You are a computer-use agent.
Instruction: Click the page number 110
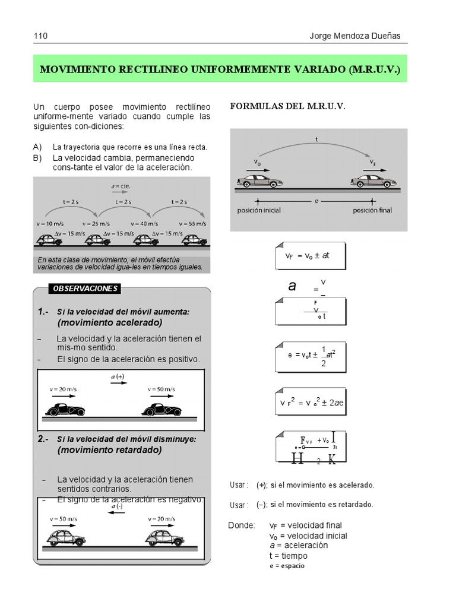[x=40, y=36]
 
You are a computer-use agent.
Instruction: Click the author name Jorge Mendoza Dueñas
[x=355, y=36]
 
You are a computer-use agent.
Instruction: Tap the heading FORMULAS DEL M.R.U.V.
[x=287, y=106]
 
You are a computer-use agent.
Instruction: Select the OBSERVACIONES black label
[x=85, y=289]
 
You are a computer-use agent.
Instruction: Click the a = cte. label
[x=121, y=186]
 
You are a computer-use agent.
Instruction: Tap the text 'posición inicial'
[x=259, y=210]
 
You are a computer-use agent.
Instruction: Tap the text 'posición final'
[x=372, y=210]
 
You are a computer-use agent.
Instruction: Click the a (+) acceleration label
[x=118, y=376]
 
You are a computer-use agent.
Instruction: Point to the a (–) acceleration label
[x=117, y=506]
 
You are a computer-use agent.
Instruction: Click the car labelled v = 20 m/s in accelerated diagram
[x=65, y=410]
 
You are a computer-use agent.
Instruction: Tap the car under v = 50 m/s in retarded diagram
[x=66, y=537]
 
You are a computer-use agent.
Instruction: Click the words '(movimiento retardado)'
[x=109, y=450]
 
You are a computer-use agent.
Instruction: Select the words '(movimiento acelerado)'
[x=110, y=322]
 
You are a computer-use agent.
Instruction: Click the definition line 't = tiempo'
[x=288, y=556]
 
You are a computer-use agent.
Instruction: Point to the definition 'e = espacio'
[x=287, y=566]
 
